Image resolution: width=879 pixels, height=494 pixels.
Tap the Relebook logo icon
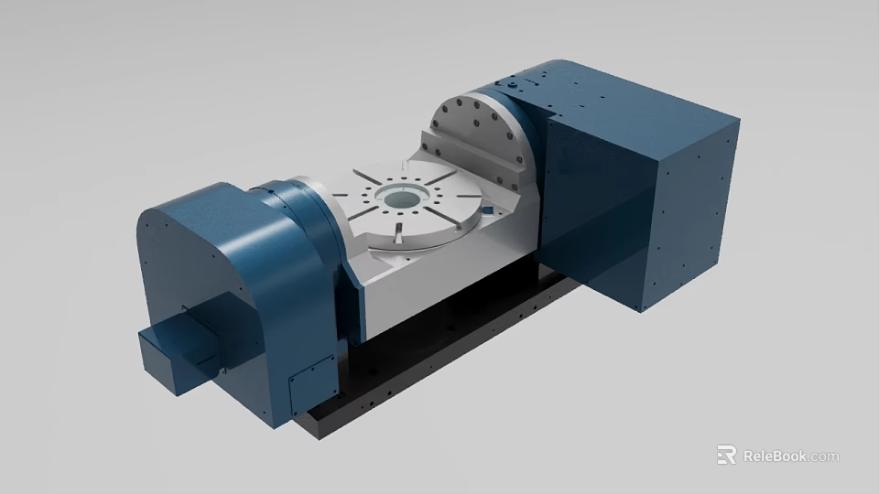(x=726, y=455)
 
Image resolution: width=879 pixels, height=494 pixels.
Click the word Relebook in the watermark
(x=775, y=456)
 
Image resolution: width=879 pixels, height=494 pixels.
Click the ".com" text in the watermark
(x=824, y=456)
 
